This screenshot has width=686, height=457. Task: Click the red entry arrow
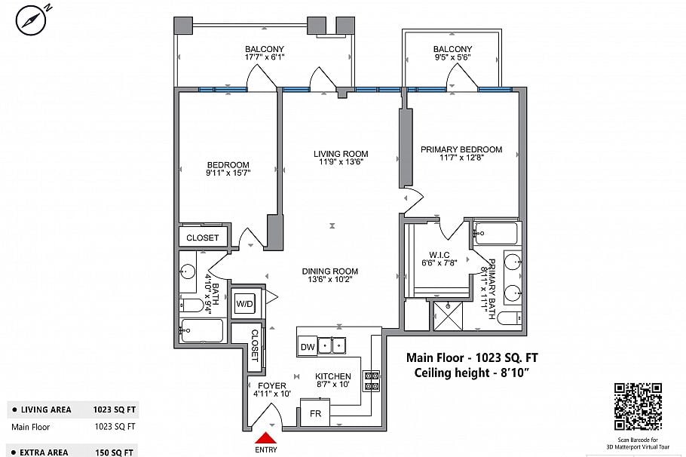[266, 438]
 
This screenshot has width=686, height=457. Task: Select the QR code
[638, 406]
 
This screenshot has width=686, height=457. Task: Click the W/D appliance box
[245, 304]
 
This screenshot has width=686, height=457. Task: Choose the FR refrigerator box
[314, 414]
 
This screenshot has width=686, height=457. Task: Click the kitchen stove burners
[372, 381]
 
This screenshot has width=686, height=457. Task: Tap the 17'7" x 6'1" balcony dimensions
[264, 57]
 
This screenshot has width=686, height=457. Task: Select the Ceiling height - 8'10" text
[476, 373]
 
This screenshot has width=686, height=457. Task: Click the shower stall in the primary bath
[449, 316]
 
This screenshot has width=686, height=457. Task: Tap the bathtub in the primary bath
[496, 234]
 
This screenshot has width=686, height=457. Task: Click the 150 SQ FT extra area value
[115, 452]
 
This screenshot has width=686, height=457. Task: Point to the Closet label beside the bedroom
[202, 238]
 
